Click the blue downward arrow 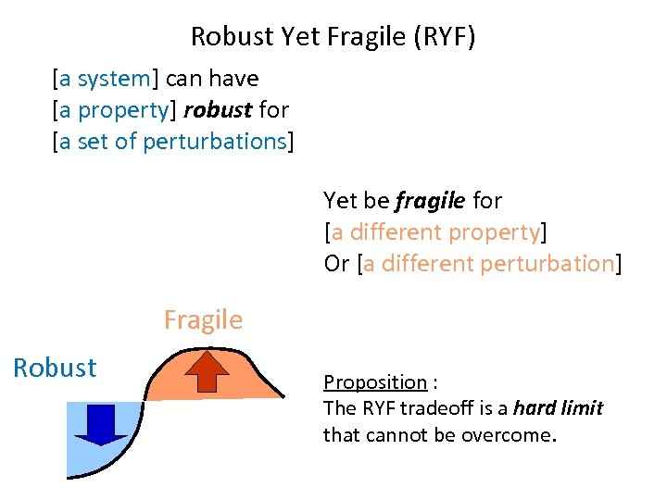100,424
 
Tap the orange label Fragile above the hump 203,320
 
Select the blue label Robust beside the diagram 55,368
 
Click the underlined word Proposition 374,382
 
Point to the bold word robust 218,110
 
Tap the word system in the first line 113,79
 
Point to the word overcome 516,434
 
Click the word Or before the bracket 336,263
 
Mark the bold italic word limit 583,408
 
